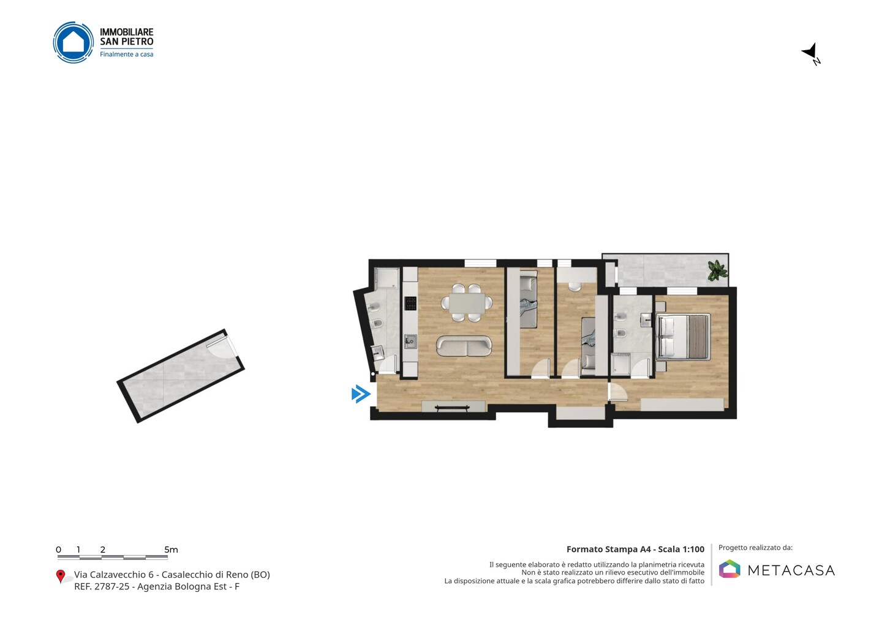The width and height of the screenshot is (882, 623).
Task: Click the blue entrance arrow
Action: [361, 394]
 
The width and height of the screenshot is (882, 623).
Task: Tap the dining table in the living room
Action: [467, 304]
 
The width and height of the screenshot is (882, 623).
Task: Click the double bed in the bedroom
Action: [683, 337]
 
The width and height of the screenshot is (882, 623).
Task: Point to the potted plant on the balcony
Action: [717, 270]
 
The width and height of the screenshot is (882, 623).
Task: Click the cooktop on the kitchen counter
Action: [410, 304]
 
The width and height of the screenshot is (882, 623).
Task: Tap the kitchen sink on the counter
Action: [410, 341]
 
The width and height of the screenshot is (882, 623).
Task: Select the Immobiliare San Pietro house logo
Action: [73, 42]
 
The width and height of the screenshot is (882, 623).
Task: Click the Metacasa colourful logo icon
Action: [729, 569]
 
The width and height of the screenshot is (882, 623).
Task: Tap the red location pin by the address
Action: [61, 576]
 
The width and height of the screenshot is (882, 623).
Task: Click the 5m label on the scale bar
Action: [171, 550]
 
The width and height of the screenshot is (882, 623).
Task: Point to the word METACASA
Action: [791, 570]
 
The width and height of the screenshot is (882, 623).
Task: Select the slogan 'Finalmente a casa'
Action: [126, 54]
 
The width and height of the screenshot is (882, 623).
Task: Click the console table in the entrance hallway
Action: [452, 408]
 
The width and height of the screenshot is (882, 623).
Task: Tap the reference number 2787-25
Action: [112, 586]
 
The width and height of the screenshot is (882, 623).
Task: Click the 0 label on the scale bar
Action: [59, 550]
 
